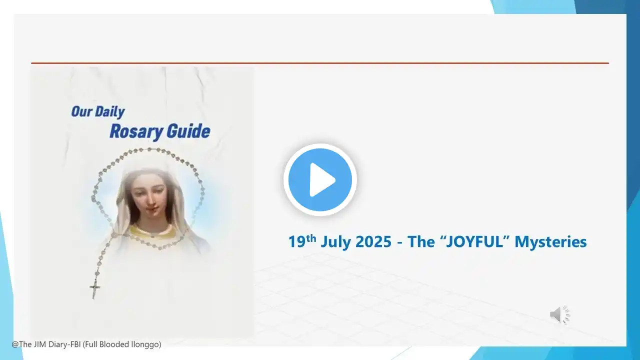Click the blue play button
(x=320, y=179)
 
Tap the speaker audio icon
(x=560, y=314)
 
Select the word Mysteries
(x=550, y=242)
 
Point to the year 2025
(x=373, y=241)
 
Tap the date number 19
(x=297, y=241)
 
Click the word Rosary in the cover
(x=136, y=132)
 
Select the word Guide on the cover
(x=188, y=131)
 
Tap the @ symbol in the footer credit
(x=15, y=344)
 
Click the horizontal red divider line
(x=320, y=63)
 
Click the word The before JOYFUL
(x=421, y=241)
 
